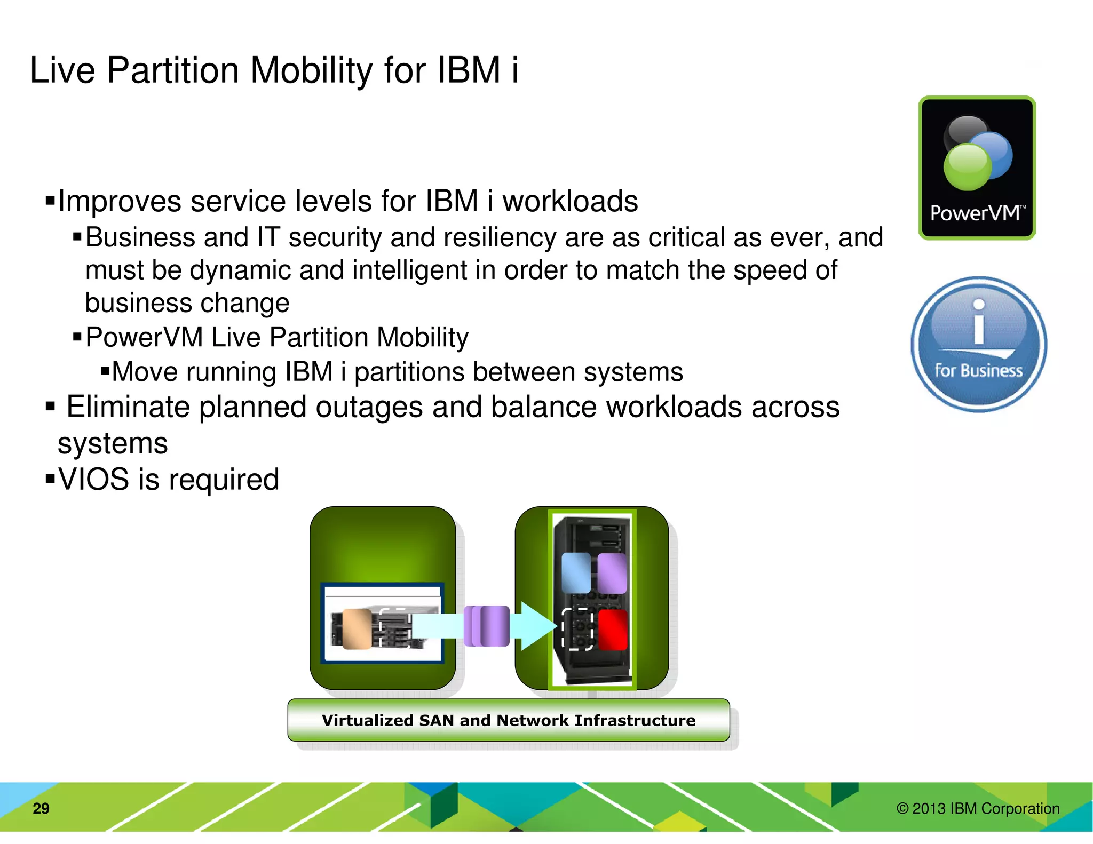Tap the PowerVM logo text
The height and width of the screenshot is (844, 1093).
(x=975, y=213)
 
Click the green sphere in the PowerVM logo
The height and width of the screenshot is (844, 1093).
(x=967, y=166)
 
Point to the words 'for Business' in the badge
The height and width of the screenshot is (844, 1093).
(x=978, y=370)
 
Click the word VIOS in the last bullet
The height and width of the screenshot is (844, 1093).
(x=94, y=479)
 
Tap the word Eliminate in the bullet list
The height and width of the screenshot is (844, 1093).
(x=128, y=407)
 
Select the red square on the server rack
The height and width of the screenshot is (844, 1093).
(x=612, y=630)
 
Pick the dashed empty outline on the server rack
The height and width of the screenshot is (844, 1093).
(x=577, y=629)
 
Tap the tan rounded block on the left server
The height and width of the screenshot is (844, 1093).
(x=357, y=628)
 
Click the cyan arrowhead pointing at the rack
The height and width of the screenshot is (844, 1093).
(x=536, y=625)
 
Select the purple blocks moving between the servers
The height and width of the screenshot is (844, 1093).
(x=487, y=626)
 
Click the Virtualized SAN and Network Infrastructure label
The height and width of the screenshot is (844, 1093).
(x=508, y=720)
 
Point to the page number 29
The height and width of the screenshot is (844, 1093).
(x=41, y=808)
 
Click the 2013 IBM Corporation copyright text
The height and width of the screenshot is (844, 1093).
(x=978, y=808)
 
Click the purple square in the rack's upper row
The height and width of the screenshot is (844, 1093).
(x=612, y=572)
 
